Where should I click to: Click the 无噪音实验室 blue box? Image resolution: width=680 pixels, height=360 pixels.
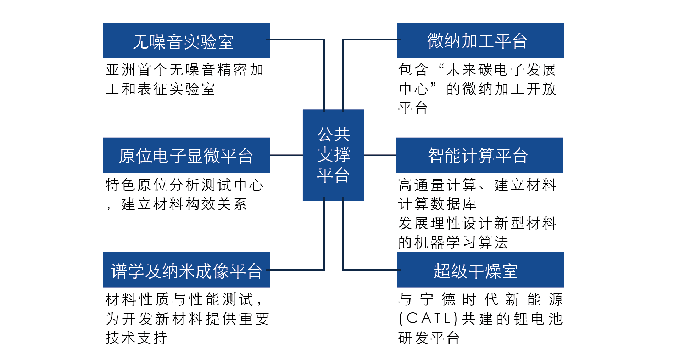[x=186, y=41]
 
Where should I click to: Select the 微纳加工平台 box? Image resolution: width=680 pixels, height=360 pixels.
[x=480, y=41]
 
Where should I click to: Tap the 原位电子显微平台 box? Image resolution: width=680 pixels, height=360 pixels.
[x=186, y=155]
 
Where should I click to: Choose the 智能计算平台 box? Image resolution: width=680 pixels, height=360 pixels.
[x=479, y=155]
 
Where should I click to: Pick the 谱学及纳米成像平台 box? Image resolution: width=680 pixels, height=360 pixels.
[x=186, y=270]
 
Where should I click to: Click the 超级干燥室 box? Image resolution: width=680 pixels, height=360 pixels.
[x=480, y=270]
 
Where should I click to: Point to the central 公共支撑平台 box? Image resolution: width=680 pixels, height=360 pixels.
[x=333, y=155]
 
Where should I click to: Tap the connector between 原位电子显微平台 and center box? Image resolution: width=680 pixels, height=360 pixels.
[x=286, y=155]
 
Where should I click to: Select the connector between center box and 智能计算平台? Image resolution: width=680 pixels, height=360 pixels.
[x=380, y=155]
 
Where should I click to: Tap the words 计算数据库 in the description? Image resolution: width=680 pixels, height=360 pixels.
[x=437, y=204]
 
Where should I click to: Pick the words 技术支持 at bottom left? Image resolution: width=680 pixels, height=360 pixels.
[x=136, y=338]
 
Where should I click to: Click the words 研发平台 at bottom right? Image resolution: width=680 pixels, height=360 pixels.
[x=429, y=338]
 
